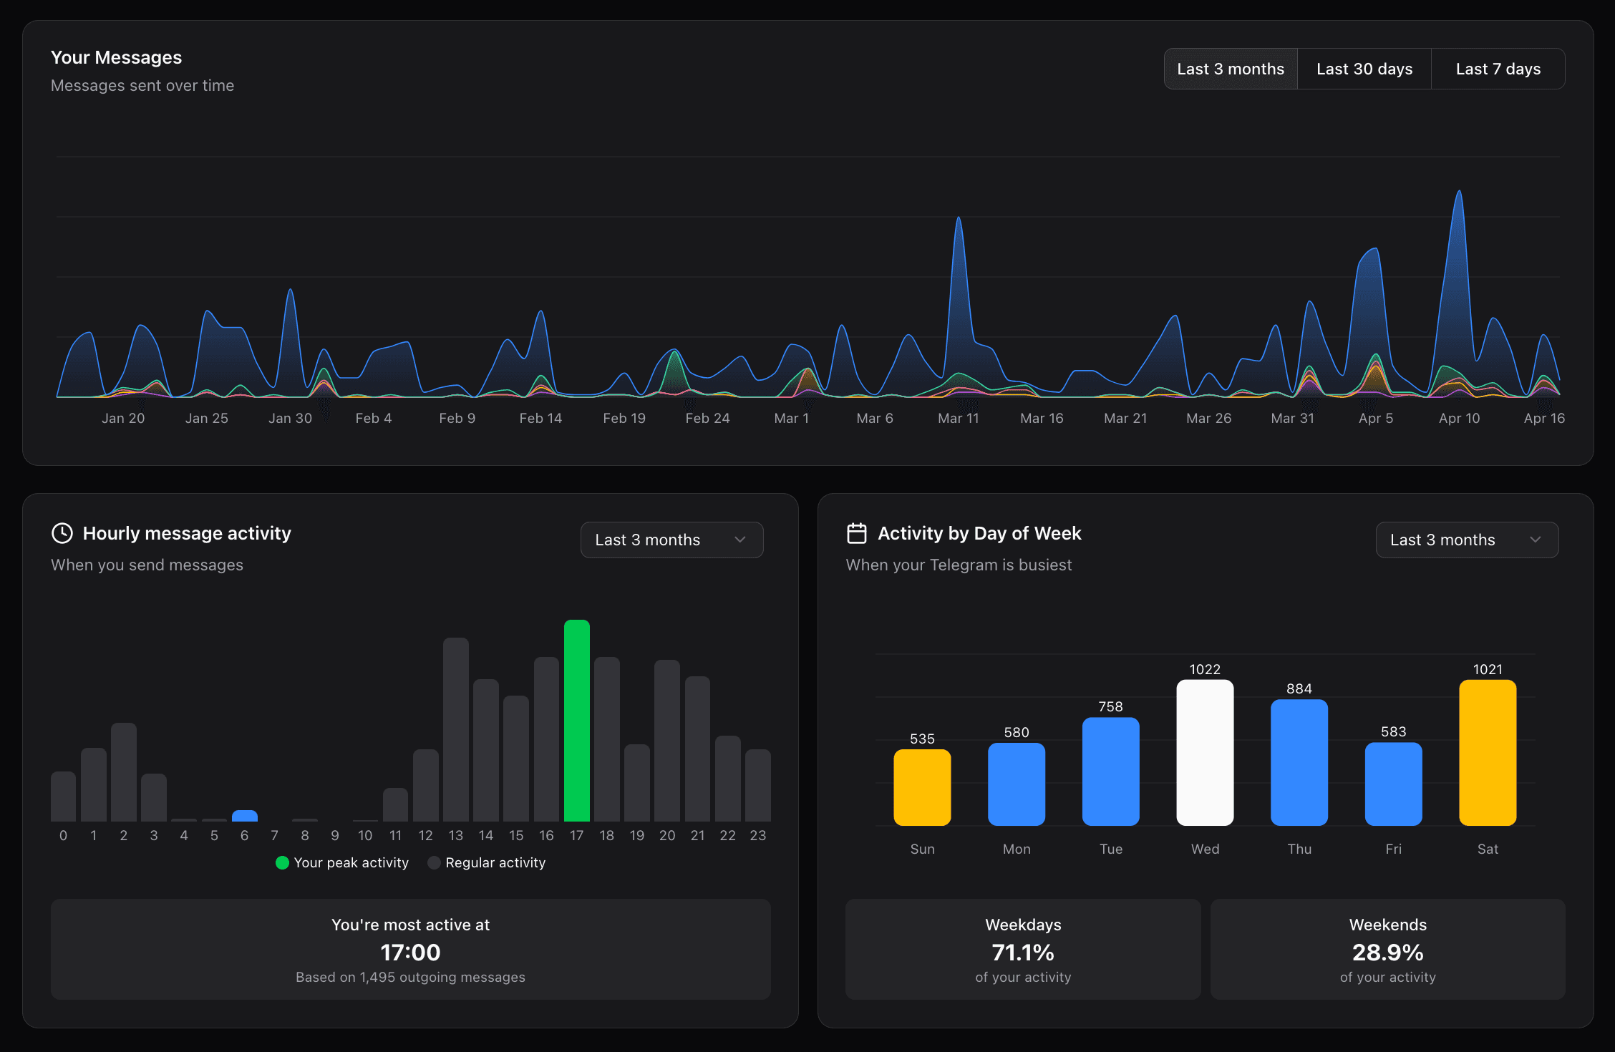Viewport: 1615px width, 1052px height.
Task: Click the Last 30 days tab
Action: [1364, 69]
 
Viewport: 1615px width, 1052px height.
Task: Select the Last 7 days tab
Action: [1498, 69]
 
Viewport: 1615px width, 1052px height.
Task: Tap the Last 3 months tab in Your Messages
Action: [1231, 69]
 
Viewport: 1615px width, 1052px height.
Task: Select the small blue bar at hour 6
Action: [245, 816]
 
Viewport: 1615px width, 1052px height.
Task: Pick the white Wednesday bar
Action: [1205, 752]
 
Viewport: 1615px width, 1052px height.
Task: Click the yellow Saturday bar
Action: [1488, 752]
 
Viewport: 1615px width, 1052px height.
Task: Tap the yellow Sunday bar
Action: [922, 787]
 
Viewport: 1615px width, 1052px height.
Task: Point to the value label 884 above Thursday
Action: [1299, 688]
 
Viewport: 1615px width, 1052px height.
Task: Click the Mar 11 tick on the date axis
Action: [958, 418]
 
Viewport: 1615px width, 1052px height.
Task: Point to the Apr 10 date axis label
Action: [1459, 418]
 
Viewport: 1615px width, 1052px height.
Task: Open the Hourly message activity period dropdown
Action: [671, 540]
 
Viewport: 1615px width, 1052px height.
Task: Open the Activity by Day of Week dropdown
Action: [1466, 540]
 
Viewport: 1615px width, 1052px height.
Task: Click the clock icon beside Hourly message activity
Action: [62, 533]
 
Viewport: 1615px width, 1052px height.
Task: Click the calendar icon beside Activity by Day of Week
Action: [857, 533]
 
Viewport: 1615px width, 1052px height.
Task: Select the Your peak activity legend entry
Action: [342, 862]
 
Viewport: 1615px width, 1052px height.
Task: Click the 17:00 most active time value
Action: [410, 953]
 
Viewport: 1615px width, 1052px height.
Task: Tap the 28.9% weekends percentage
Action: [1387, 953]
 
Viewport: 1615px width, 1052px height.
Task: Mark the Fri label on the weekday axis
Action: [1393, 849]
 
